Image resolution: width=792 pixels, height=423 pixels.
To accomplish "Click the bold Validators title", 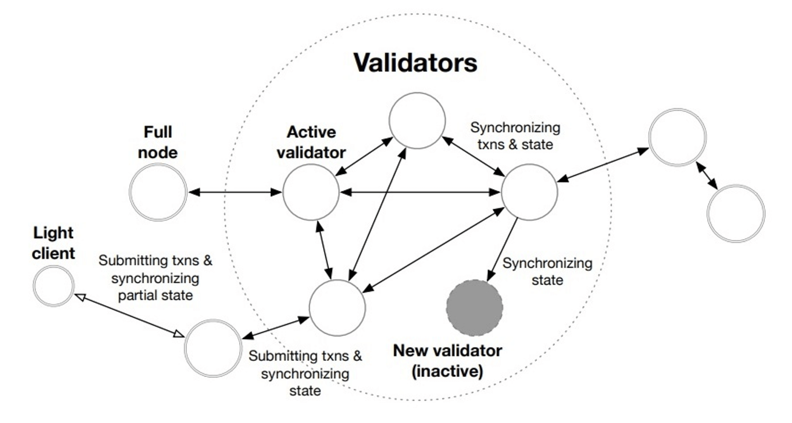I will tap(415, 63).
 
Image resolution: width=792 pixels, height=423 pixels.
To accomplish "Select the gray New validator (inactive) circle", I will tap(474, 308).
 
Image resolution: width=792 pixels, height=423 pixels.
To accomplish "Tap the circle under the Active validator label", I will tap(311, 192).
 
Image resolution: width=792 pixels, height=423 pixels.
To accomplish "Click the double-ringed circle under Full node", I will tap(158, 192).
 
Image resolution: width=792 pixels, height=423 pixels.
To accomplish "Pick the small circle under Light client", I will tap(54, 286).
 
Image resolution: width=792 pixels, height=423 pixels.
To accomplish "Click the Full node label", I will tap(158, 142).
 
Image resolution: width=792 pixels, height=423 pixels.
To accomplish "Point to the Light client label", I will tap(53, 243).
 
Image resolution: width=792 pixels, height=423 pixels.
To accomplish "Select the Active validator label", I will tap(311, 142).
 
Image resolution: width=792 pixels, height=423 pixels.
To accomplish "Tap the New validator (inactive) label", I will tap(447, 361).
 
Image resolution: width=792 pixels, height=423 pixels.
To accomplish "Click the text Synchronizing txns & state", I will tap(515, 136).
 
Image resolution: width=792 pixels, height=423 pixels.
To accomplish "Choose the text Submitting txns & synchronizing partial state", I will tap(155, 278).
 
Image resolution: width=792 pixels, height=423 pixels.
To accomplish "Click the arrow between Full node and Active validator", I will tap(235, 192).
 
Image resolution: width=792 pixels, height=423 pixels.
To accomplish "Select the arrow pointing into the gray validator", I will tap(502, 249).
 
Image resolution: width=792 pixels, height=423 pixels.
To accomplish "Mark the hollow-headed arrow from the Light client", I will tap(130, 316).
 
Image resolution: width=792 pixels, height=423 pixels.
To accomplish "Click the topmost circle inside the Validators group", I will tap(417, 120).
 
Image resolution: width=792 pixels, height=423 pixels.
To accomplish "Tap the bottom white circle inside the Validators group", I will tap(337, 308).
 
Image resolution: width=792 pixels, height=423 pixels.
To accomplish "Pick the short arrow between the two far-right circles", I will tap(707, 175).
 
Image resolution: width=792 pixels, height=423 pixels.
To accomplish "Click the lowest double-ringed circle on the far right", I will tap(736, 214).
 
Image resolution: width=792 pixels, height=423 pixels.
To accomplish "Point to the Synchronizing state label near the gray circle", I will tap(547, 272).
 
